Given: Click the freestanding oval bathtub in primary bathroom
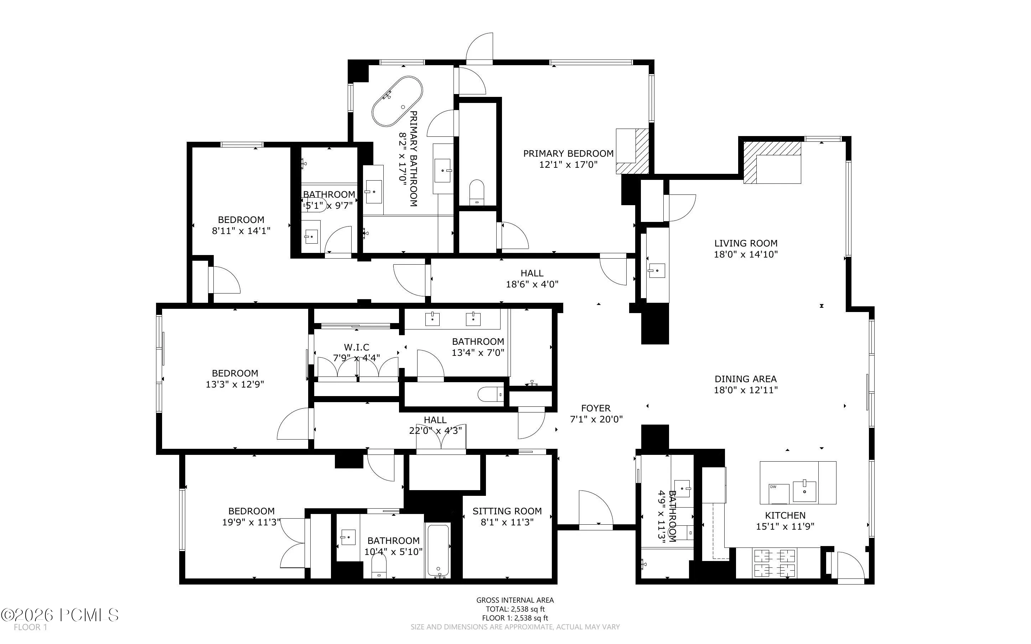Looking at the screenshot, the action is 397,102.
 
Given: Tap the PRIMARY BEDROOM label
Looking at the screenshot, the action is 568,153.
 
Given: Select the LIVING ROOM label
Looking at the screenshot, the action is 746,243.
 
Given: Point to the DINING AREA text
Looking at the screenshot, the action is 746,379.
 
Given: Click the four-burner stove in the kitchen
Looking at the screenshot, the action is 775,563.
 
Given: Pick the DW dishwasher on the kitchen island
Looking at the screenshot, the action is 779,493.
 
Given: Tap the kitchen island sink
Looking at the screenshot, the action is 804,492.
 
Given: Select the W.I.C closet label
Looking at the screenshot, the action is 357,347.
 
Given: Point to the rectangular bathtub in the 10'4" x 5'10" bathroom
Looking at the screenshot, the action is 437,551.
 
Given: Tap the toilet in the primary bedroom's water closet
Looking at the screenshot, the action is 477,192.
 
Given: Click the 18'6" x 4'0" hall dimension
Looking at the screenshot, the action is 532,284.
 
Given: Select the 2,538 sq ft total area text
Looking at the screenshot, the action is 515,609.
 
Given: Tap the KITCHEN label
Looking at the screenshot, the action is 785,515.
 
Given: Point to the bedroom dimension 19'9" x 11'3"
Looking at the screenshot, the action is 251,522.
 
